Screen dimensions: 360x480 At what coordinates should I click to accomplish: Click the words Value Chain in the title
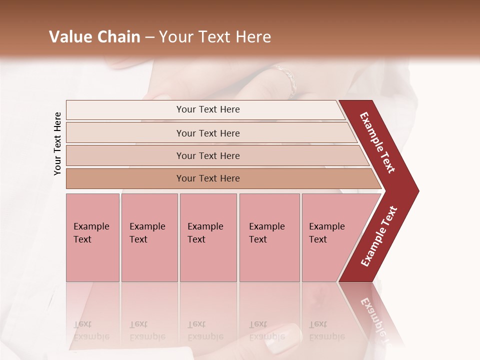tap(94, 37)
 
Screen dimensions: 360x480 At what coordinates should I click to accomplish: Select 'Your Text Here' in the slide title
tap(215, 37)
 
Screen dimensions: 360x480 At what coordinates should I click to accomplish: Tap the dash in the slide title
tap(149, 37)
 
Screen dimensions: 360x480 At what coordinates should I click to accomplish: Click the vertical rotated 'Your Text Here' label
tap(57, 143)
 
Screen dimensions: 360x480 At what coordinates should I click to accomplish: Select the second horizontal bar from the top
tap(207, 133)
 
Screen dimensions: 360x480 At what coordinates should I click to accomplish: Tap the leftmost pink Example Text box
tap(92, 237)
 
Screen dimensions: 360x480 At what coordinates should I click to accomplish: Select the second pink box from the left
tap(149, 237)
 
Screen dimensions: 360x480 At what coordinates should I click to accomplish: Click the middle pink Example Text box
tap(208, 237)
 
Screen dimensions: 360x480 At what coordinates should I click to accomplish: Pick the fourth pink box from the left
tap(269, 237)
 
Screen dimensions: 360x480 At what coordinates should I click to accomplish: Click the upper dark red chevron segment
tap(377, 142)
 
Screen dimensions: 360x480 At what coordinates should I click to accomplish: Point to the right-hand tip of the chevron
tap(417, 190)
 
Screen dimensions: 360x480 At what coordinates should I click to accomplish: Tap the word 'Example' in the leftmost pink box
tap(91, 226)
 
